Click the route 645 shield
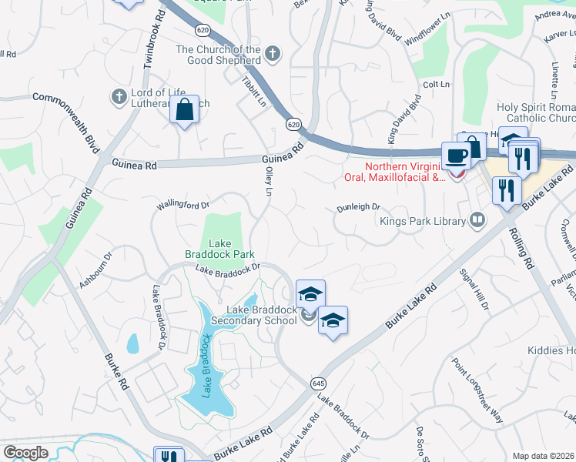coord(318,383)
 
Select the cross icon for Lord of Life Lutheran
coord(119,96)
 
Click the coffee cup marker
coord(456,156)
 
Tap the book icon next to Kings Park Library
coord(477,221)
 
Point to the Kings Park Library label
coord(423,222)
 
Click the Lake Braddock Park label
coord(219,249)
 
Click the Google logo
coord(25,453)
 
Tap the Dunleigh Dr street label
coord(358,207)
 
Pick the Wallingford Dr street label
coord(183,205)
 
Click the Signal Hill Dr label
coord(474,290)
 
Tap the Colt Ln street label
coord(436,84)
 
